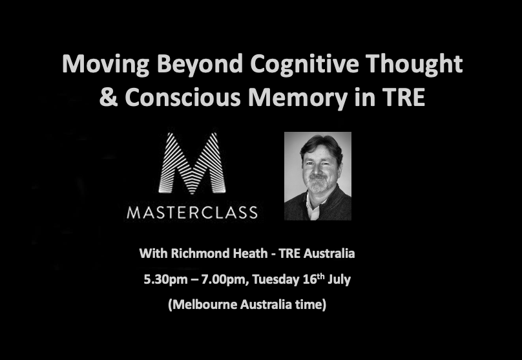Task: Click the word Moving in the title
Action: click(x=105, y=64)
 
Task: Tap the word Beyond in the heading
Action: click(x=200, y=64)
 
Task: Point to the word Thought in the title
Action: click(x=414, y=64)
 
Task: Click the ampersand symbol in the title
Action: click(x=109, y=97)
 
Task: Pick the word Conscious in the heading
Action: click(x=182, y=97)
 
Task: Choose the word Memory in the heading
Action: click(x=298, y=98)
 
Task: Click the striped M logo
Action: click(x=192, y=163)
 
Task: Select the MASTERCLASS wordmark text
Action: click(x=192, y=213)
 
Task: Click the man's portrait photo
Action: click(x=318, y=176)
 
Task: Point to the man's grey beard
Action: click(x=318, y=183)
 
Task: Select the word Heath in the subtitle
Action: click(x=250, y=253)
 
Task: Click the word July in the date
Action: click(x=339, y=279)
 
